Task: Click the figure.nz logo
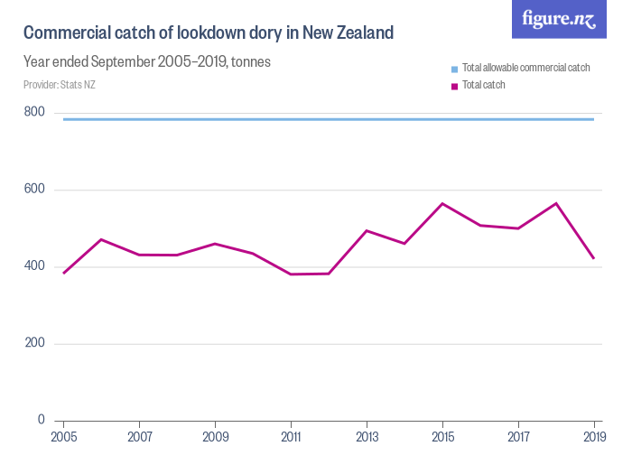559,19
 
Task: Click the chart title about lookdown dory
209,33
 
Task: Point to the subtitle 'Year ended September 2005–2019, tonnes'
147,62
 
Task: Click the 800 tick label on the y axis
34,112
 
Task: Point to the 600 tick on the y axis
34,190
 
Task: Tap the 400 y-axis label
34,266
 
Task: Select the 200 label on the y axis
34,343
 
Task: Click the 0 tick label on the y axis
41,420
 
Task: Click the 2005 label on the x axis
63,437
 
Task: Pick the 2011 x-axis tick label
291,437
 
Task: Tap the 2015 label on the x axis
442,437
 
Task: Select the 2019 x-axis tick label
594,437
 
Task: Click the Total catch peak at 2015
442,203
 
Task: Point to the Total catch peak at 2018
556,203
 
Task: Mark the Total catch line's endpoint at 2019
594,258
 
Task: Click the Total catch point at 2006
101,239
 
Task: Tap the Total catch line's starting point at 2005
63,273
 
